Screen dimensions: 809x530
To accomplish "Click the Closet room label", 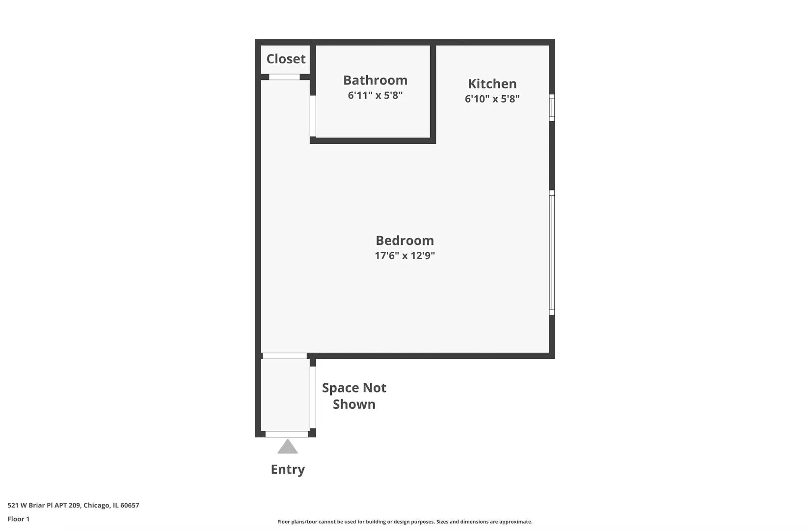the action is click(286, 58).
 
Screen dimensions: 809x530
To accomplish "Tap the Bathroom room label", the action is click(375, 80).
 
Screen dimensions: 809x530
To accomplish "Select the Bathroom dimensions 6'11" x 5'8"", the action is click(375, 95).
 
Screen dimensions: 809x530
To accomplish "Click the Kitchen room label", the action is click(492, 84).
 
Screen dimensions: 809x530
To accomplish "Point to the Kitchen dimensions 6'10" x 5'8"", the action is click(492, 99).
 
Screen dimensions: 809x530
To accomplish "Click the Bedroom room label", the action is click(405, 240).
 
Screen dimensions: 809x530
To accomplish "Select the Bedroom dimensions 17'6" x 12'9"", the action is click(405, 256).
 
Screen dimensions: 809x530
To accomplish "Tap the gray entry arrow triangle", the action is click(288, 447).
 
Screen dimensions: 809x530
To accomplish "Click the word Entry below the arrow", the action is click(288, 469).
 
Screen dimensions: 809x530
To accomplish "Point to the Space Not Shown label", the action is click(354, 396).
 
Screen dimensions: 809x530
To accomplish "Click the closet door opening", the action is click(284, 77).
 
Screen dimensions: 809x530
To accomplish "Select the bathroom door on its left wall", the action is click(313, 116).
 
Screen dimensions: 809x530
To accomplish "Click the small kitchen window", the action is click(552, 107).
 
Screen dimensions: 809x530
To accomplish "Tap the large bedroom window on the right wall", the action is click(552, 253).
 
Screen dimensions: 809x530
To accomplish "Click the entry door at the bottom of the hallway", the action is click(287, 434).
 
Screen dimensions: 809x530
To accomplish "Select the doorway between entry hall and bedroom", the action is click(285, 356).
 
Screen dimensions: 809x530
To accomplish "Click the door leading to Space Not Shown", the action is click(313, 397).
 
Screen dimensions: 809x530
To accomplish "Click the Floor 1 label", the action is click(19, 519).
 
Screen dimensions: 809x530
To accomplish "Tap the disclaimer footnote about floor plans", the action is click(405, 522).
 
